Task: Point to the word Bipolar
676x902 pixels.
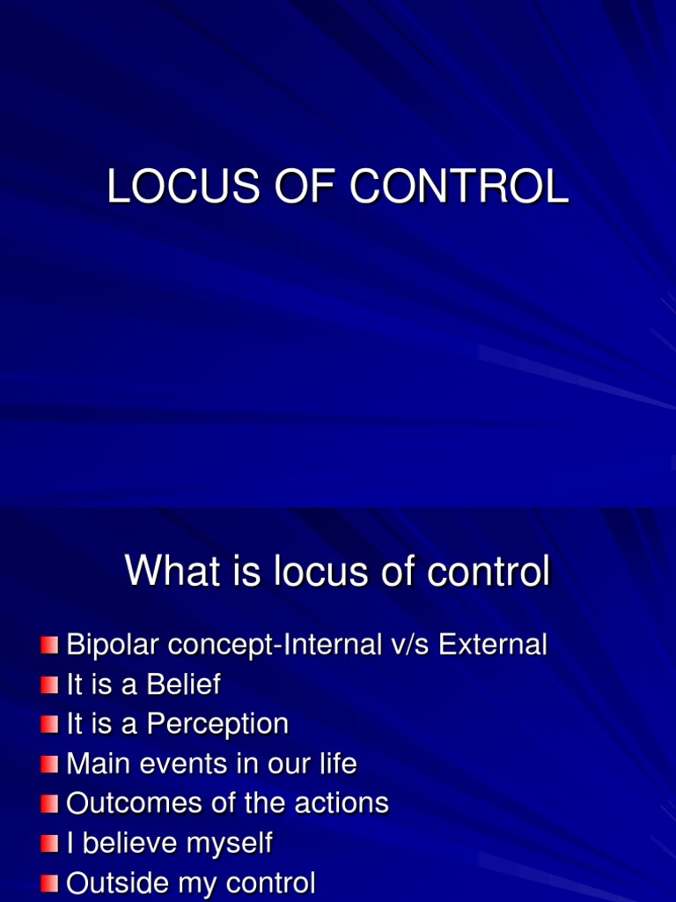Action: point(114,645)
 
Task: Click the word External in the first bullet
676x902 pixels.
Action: point(493,645)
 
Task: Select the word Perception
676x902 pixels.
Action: point(217,724)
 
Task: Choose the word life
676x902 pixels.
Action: point(339,764)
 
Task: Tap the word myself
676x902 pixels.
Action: point(227,843)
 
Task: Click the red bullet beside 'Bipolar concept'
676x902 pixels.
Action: point(49,646)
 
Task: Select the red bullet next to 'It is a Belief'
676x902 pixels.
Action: point(49,685)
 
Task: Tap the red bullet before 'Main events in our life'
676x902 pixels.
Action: point(49,765)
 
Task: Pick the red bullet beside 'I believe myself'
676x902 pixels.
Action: point(49,844)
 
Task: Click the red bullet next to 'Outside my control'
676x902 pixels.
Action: point(49,884)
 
